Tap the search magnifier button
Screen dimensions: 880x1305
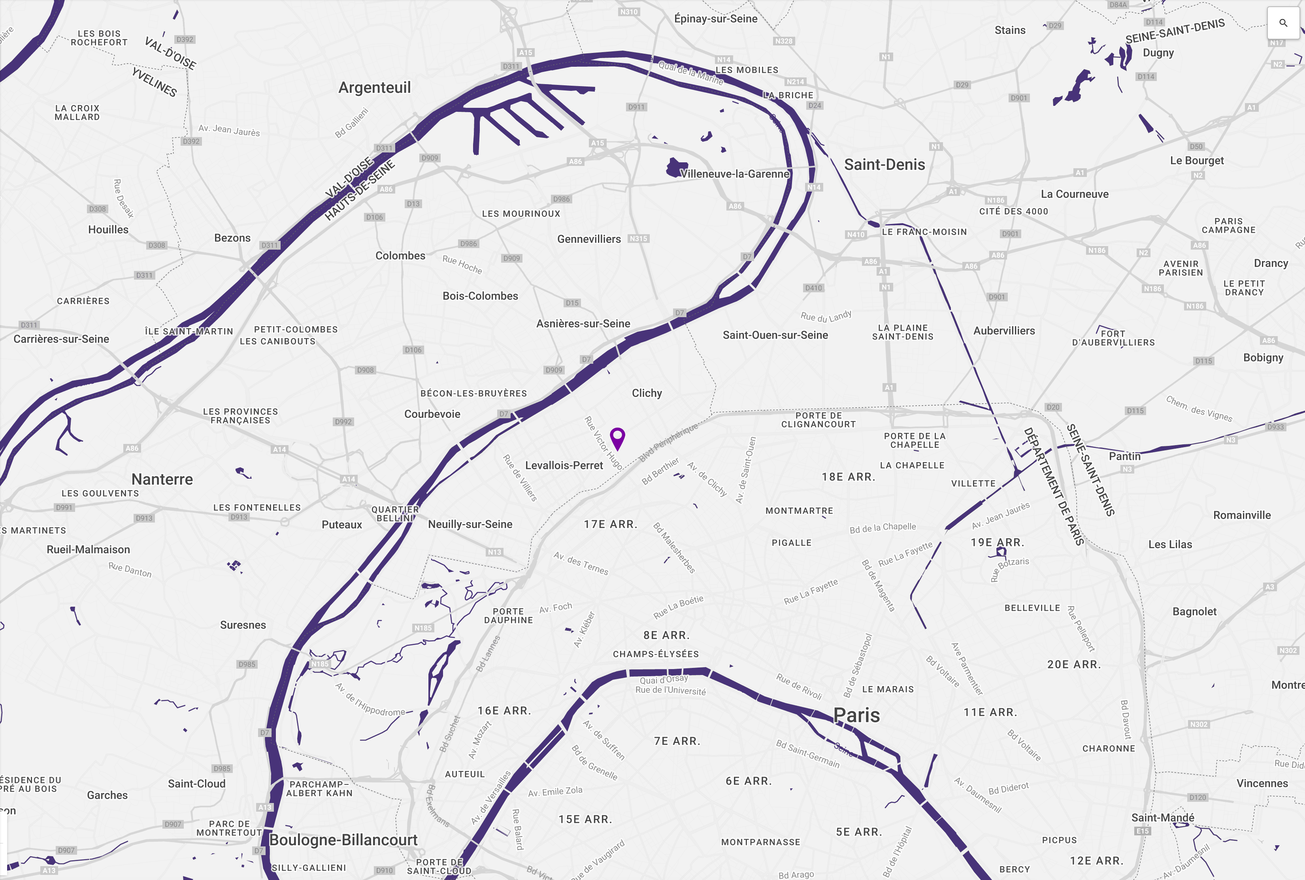[1283, 23]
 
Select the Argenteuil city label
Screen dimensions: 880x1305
[375, 88]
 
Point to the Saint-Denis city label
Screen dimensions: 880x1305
[884, 164]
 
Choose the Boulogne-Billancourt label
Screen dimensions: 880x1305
[343, 840]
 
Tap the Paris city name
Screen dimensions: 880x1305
[856, 715]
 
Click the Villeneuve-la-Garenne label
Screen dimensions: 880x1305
[734, 174]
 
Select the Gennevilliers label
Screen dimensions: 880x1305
[588, 239]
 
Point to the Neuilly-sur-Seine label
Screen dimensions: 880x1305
[470, 524]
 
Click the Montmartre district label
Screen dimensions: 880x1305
[799, 511]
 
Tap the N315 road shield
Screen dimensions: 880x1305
[638, 239]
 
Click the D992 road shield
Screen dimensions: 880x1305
[343, 421]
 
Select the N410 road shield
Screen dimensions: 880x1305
[856, 235]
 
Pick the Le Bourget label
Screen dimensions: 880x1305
[1197, 160]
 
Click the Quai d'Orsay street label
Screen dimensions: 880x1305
[663, 680]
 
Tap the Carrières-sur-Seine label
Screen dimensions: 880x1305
[61, 339]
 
